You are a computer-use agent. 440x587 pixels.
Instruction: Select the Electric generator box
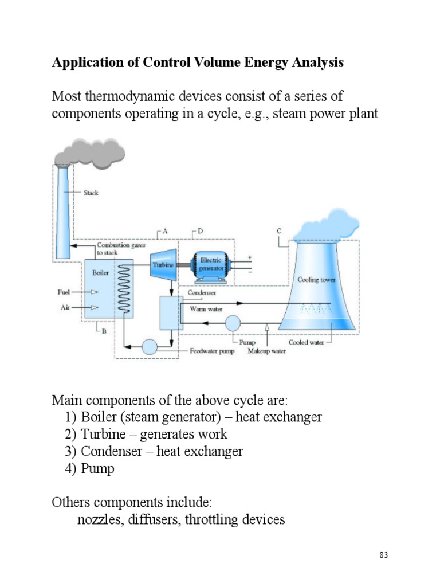tap(211, 265)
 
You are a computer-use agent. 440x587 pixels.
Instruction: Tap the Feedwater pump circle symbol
tap(150, 347)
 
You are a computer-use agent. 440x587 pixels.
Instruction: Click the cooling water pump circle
tap(233, 323)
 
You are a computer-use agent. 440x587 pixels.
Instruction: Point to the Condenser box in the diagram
tap(170, 313)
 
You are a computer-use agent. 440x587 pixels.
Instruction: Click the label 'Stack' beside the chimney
tap(91, 193)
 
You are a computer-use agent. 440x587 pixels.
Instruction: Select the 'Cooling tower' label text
tap(316, 280)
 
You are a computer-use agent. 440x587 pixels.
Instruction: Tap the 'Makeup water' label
tap(266, 351)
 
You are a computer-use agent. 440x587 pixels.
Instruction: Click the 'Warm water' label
tap(206, 310)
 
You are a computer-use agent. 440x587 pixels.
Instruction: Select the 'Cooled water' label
tap(306, 342)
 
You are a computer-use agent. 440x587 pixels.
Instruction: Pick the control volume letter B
tap(104, 330)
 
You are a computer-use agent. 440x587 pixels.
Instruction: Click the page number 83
tap(384, 555)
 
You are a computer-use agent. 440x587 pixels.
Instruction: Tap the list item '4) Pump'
tap(90, 469)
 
